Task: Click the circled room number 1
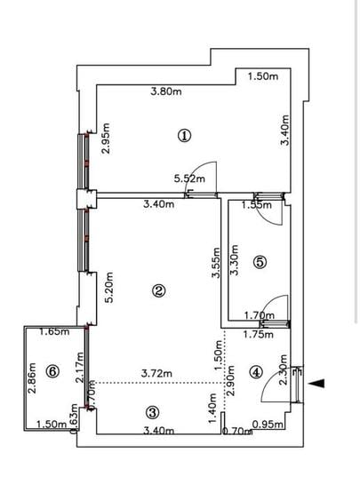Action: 184,135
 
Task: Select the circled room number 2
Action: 158,290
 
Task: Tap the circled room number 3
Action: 152,412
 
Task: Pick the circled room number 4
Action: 257,372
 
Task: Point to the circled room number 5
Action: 260,262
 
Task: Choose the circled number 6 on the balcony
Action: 52,372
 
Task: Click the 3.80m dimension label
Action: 167,91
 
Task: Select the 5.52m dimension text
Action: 190,179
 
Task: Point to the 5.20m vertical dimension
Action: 108,288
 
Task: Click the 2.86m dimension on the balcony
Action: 31,377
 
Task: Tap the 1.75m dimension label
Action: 258,335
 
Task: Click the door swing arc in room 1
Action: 206,172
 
